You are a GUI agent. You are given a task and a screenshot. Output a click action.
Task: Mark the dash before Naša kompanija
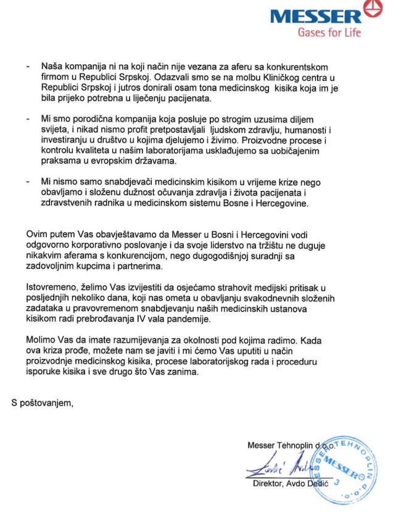point(28,67)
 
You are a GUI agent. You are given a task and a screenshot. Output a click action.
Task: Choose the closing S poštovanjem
point(42,403)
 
